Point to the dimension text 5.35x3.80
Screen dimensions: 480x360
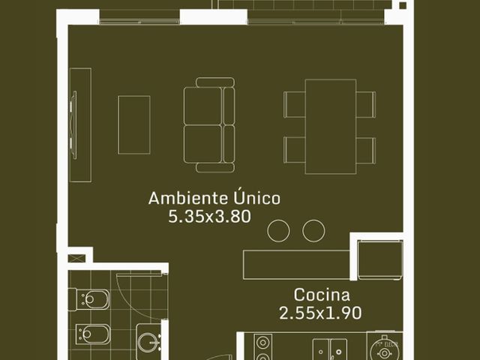coord(210,217)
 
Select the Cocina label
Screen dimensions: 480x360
coord(322,295)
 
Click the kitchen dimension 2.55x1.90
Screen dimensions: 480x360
coord(320,313)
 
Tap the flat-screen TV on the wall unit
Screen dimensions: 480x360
coord(73,125)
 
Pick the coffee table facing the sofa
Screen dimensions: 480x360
coord(134,125)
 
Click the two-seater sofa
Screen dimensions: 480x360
coord(209,125)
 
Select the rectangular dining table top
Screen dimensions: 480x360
coord(331,127)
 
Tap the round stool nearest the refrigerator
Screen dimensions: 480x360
coord(313,231)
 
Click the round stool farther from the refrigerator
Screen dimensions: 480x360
coord(278,231)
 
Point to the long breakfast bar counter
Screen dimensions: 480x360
coord(297,265)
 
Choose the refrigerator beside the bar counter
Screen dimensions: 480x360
coord(380,260)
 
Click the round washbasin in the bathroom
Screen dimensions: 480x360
coord(148,340)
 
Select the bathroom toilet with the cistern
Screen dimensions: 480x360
coord(88,299)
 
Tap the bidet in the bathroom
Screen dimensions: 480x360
coord(92,334)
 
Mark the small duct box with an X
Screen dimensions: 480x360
coord(75,258)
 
